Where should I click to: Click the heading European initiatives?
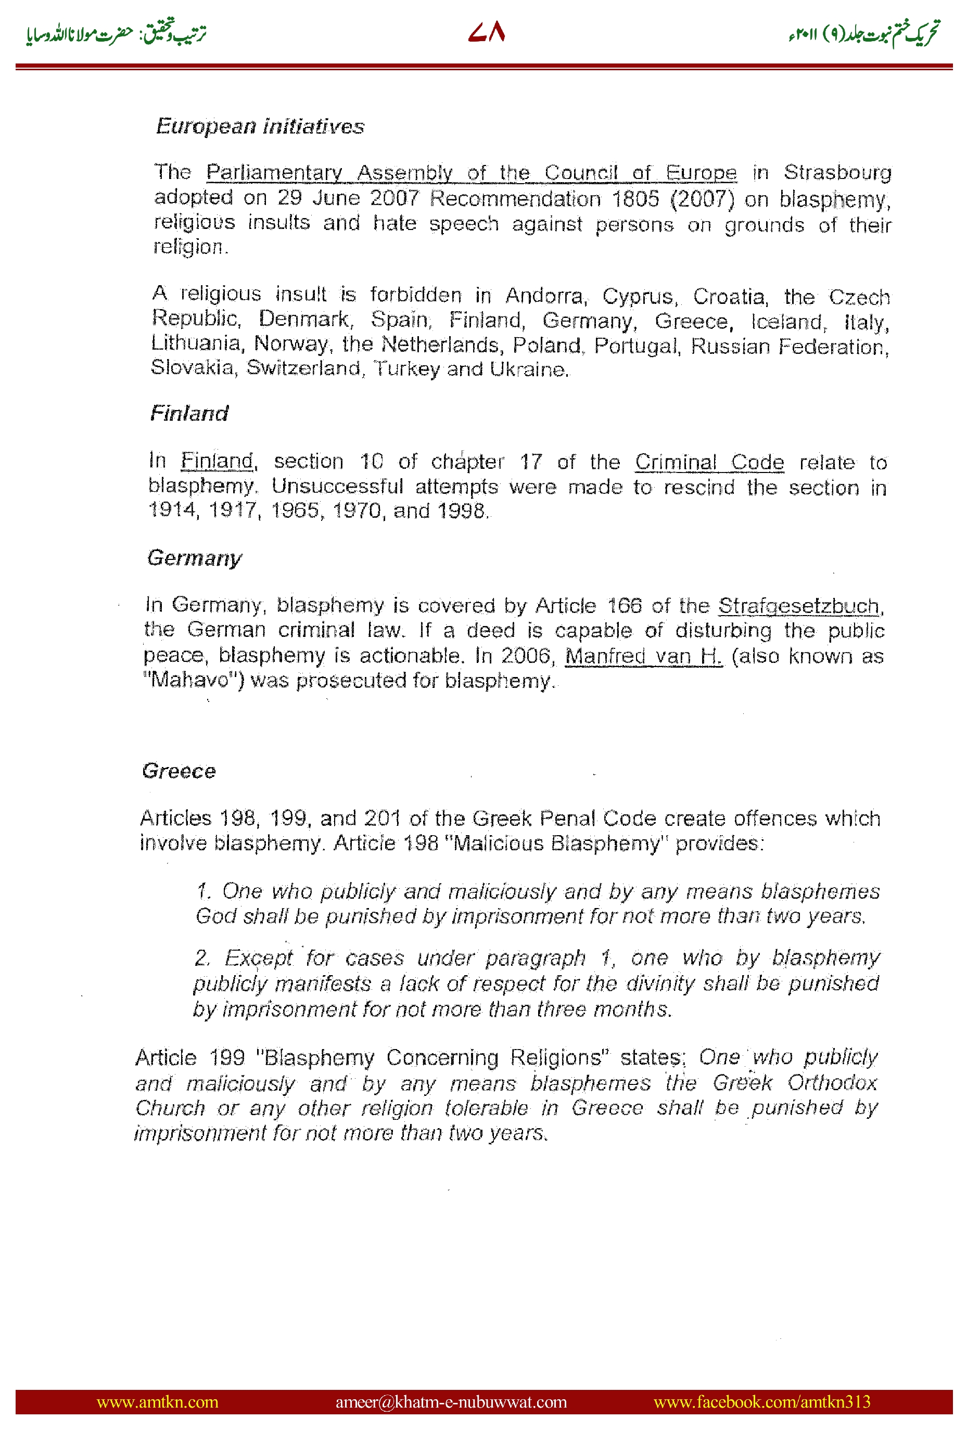click(x=260, y=126)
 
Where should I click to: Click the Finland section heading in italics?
click(x=189, y=413)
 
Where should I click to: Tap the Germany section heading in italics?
click(x=194, y=558)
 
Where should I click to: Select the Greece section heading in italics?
click(x=179, y=771)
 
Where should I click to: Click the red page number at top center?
click(x=487, y=32)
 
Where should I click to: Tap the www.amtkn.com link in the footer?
click(x=157, y=1401)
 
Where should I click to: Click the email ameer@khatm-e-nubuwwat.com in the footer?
click(x=451, y=1401)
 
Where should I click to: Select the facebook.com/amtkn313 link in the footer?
click(x=761, y=1401)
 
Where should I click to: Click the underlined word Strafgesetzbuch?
click(x=799, y=606)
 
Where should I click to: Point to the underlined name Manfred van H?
click(x=643, y=656)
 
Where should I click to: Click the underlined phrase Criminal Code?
click(x=709, y=462)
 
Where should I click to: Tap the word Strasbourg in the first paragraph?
click(x=837, y=172)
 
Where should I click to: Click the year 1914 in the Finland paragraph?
click(x=173, y=510)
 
